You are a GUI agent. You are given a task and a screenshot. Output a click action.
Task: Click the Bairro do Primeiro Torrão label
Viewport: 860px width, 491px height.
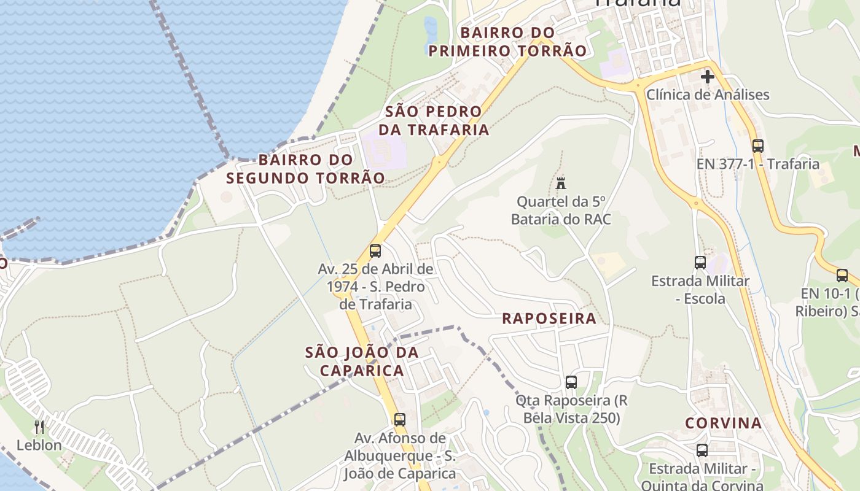507,42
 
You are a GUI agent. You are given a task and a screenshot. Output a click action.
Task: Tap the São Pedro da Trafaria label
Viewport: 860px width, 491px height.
434,121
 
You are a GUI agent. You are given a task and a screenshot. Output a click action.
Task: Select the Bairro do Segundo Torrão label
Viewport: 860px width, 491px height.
306,169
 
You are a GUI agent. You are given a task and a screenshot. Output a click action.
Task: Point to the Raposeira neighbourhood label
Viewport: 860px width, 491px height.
549,318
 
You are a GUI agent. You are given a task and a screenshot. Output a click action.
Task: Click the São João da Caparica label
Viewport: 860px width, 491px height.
362,361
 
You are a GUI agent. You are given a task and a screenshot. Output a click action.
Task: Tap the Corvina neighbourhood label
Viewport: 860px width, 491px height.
724,423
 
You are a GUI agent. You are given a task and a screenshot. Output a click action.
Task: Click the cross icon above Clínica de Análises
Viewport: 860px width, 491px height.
708,77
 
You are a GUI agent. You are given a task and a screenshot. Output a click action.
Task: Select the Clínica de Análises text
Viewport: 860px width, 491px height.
708,95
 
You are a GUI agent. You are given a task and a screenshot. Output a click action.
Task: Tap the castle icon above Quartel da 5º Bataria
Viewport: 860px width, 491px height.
560,182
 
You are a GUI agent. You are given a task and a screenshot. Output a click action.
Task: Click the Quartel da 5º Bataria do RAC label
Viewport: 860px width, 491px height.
561,211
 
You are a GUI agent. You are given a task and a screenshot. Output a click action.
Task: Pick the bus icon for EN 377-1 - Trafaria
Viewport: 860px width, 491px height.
758,146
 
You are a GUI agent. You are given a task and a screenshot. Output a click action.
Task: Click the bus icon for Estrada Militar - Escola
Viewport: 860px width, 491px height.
700,263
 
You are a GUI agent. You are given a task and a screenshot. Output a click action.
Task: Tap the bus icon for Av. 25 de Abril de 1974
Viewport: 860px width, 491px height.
375,251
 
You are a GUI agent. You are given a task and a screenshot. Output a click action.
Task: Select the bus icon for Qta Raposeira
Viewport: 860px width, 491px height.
571,382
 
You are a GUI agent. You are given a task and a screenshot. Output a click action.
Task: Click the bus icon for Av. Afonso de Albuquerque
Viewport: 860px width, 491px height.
400,420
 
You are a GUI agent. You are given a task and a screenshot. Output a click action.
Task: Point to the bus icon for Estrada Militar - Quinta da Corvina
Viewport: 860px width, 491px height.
702,450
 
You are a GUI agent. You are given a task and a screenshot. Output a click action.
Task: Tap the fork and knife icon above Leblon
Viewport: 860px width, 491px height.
39,427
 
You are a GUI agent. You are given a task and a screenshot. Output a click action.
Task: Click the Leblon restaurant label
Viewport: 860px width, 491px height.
39,445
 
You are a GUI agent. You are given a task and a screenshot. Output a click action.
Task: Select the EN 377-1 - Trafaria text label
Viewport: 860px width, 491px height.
758,164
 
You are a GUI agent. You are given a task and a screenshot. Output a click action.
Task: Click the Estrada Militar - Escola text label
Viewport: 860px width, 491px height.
700,290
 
